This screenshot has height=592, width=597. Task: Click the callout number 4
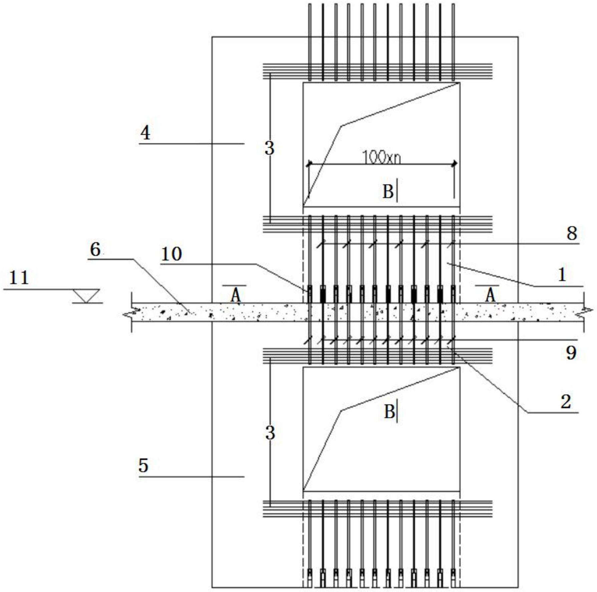coord(145,133)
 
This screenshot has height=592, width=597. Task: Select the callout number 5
coord(143,465)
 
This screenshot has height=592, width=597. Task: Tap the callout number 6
coord(95,250)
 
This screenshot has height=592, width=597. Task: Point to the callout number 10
coord(172,254)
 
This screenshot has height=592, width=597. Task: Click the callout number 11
coord(19,278)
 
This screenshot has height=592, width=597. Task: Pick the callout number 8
coord(572,234)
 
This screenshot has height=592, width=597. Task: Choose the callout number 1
coord(562,275)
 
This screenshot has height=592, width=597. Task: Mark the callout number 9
coord(571,353)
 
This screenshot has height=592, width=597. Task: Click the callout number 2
coord(566,402)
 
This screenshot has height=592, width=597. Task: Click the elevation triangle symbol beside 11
coord(86,296)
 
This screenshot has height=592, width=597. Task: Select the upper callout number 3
coord(270,148)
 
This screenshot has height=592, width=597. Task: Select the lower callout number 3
coord(270,433)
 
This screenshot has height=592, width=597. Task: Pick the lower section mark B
coord(389,412)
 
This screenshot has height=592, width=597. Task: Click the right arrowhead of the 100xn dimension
coord(454,164)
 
